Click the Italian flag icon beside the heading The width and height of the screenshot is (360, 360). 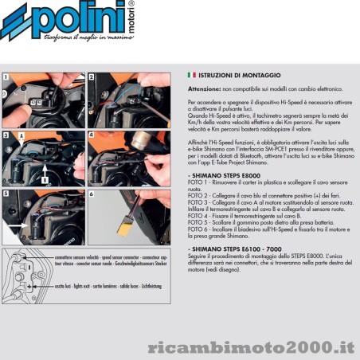click(190, 74)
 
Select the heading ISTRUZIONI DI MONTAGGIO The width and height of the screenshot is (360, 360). click(231, 74)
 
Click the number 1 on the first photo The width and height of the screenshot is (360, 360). click(7, 77)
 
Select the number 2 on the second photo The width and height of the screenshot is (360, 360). click(92, 77)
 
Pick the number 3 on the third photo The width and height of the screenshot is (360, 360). click(7, 136)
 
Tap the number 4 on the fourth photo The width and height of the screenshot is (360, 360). click(92, 136)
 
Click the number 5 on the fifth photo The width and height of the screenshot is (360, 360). click(7, 194)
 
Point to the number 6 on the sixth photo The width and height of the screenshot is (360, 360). click(92, 194)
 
